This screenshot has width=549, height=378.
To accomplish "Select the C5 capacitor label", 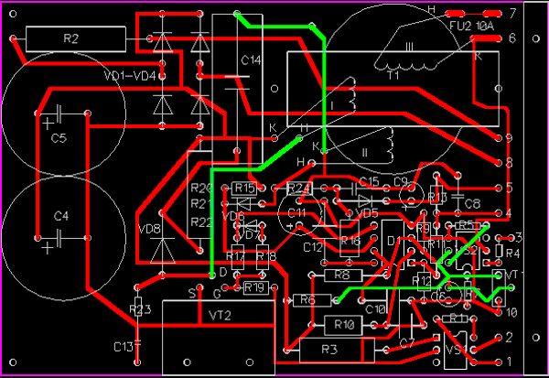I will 59,139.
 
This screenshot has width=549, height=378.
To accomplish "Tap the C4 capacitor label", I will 61,216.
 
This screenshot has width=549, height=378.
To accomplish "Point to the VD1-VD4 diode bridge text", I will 131,74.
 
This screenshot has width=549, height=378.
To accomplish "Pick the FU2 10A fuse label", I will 471,27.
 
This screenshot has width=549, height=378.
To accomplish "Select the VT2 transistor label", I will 220,315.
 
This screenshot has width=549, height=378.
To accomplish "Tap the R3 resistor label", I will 330,350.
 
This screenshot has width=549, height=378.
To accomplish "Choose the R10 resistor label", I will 344,325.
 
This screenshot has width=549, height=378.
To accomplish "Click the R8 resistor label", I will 342,275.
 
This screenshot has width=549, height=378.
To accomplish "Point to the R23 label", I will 139,309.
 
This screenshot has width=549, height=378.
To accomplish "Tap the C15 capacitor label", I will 369,181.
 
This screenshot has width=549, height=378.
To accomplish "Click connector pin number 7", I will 512,14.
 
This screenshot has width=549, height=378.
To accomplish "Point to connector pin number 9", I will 509,137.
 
